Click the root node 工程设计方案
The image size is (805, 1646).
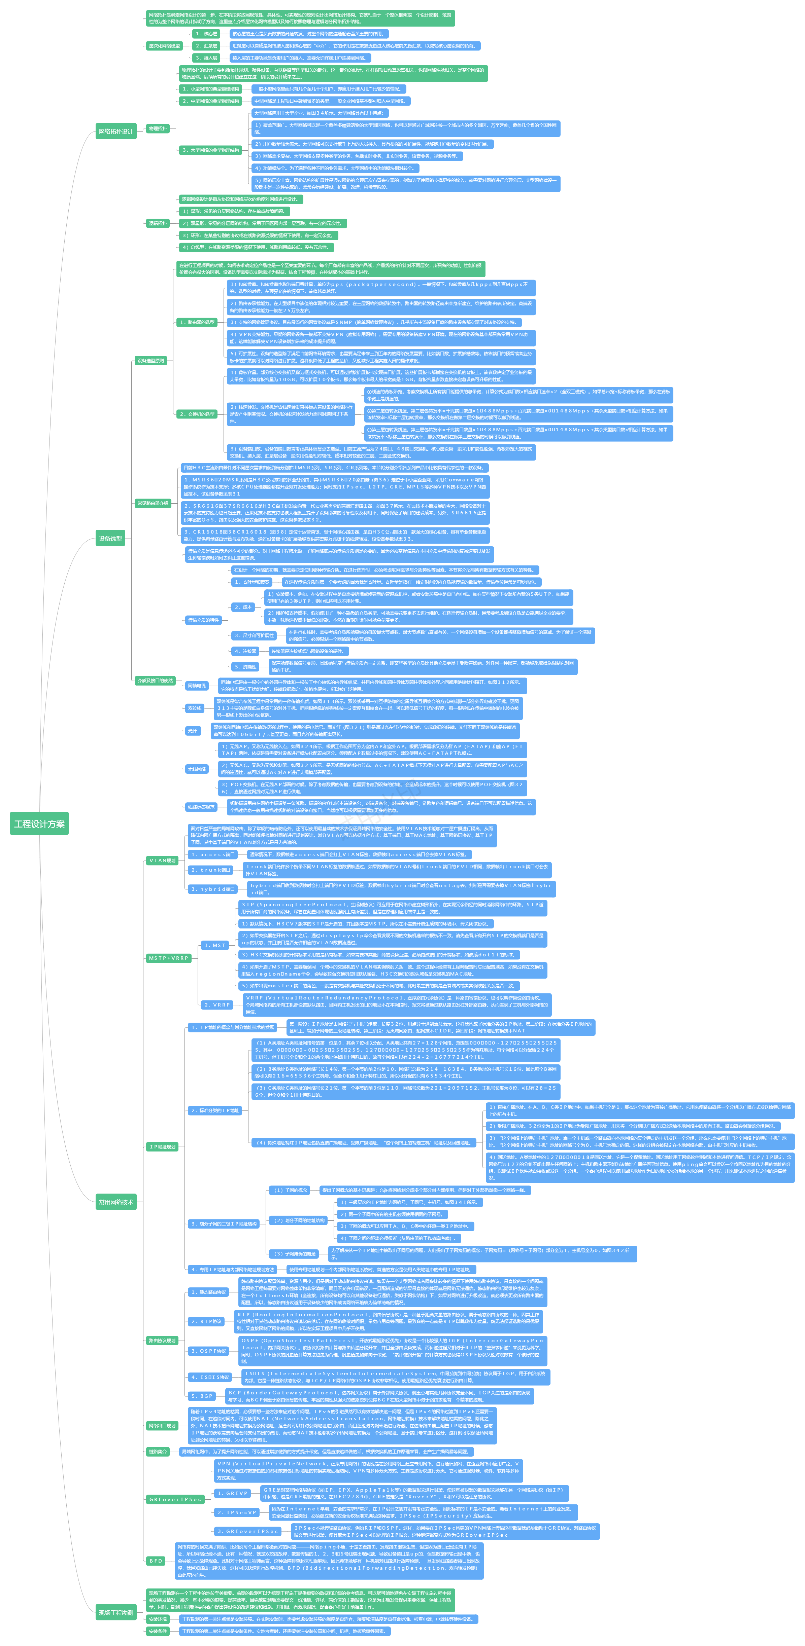pos(40,824)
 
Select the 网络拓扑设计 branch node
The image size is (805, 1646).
pos(116,132)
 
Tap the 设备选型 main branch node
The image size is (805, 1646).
pos(110,539)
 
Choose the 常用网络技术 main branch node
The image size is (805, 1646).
pos(116,1202)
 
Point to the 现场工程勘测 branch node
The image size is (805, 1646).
pos(116,1612)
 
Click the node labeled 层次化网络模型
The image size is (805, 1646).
pos(164,46)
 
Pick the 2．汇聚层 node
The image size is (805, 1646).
pos(206,46)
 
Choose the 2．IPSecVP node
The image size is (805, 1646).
pos(237,1512)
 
